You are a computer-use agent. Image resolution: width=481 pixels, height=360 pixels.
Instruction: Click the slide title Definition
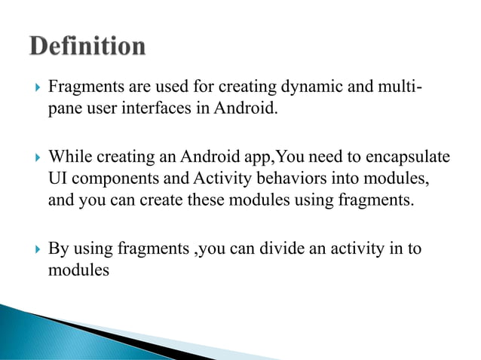87,46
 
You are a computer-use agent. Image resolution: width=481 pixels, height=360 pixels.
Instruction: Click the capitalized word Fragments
82,90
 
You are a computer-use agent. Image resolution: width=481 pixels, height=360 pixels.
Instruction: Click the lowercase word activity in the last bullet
356,247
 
